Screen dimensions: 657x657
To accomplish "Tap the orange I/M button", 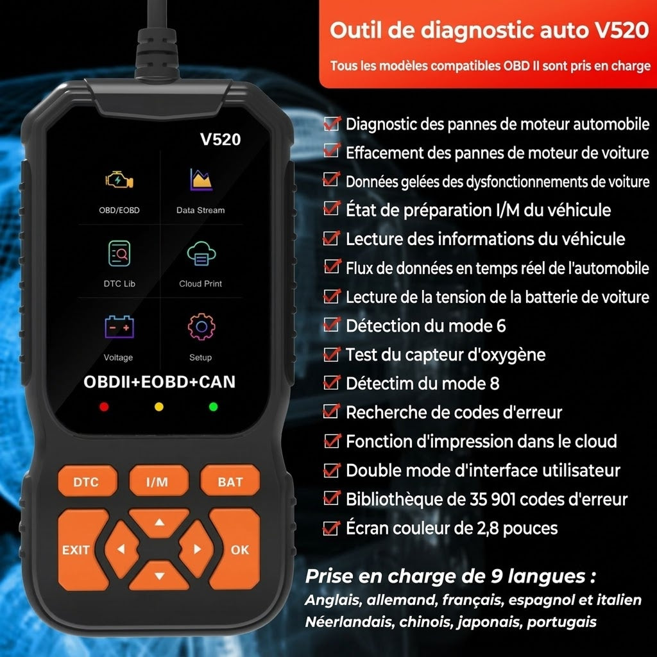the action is point(158,481).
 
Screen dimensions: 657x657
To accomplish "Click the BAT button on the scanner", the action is point(230,481).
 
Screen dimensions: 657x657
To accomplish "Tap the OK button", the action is point(237,549).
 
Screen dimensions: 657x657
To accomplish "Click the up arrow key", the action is point(159,522).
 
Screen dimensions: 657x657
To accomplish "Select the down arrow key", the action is point(159,576).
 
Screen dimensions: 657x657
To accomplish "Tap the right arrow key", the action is point(196,549).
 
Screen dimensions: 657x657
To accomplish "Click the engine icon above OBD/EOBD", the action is point(119,180).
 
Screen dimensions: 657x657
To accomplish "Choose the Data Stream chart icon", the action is point(201,180).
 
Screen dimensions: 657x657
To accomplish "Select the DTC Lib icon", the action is point(119,253).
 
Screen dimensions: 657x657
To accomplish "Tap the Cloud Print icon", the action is point(201,253).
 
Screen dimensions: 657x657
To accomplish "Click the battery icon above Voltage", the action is point(119,327).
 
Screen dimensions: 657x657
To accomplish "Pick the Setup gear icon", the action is point(201,327).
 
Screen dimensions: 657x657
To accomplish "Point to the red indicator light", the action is point(105,406).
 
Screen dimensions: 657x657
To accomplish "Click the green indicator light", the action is point(213,406).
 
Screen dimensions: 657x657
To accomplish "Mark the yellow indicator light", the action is point(159,406).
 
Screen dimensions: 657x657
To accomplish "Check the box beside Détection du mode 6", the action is point(332,325).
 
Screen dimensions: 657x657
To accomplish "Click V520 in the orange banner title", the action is point(622,30).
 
